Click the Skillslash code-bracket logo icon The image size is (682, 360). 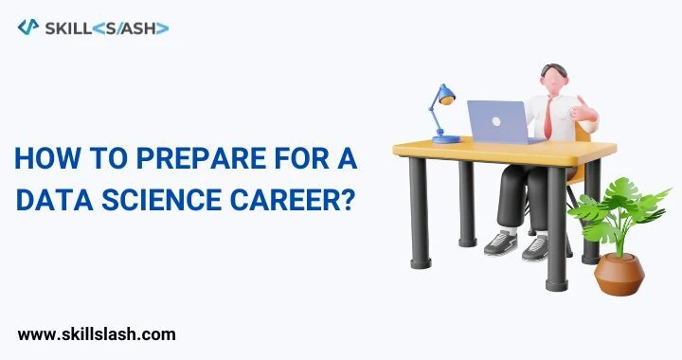coord(28,27)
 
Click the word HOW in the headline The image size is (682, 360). coord(39,160)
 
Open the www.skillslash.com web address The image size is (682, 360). coord(97,333)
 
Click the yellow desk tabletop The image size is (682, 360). coord(502,150)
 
